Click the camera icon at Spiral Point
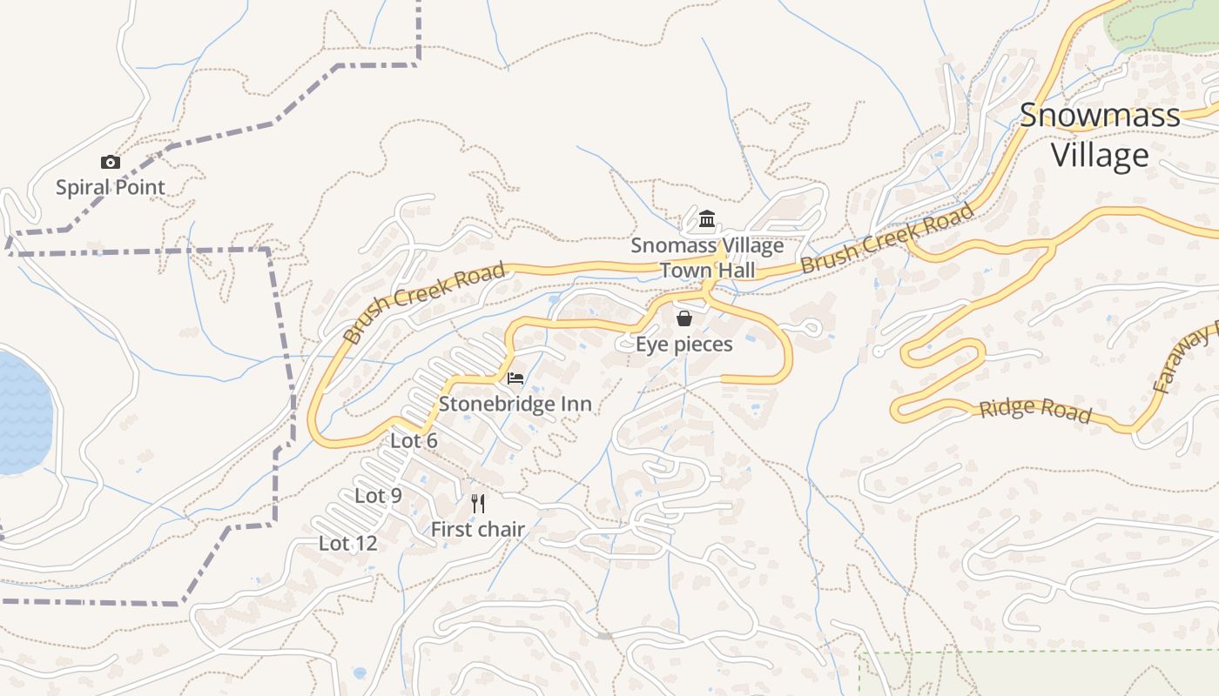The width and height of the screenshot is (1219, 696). [110, 162]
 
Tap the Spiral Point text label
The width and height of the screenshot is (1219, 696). [110, 187]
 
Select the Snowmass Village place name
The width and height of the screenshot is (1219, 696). [1100, 135]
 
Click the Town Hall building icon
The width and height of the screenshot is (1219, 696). [707, 218]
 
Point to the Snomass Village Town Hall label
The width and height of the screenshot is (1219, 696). [707, 258]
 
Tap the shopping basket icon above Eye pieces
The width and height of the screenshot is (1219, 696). [684, 318]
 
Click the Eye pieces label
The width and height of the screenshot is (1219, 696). [684, 345]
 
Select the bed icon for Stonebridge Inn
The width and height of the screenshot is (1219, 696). [515, 378]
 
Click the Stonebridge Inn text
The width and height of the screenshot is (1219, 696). [515, 404]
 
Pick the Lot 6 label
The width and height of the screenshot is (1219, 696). [414, 441]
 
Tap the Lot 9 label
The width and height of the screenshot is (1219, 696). [378, 496]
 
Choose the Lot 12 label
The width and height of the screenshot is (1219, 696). [347, 544]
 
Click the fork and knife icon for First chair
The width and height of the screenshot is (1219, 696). [477, 504]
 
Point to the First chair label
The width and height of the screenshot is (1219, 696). [477, 529]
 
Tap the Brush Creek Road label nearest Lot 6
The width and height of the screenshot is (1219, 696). [424, 302]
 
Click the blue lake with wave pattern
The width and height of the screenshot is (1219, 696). [22, 413]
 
